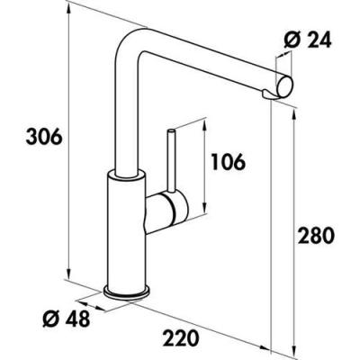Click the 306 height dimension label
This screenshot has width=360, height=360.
click(x=44, y=137)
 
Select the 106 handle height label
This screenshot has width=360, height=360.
click(x=229, y=162)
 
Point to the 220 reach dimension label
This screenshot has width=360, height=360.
click(x=181, y=337)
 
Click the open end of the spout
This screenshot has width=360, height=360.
click(x=285, y=87)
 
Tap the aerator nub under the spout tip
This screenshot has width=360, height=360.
click(x=269, y=94)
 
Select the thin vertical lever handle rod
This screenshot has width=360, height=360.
click(x=171, y=161)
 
